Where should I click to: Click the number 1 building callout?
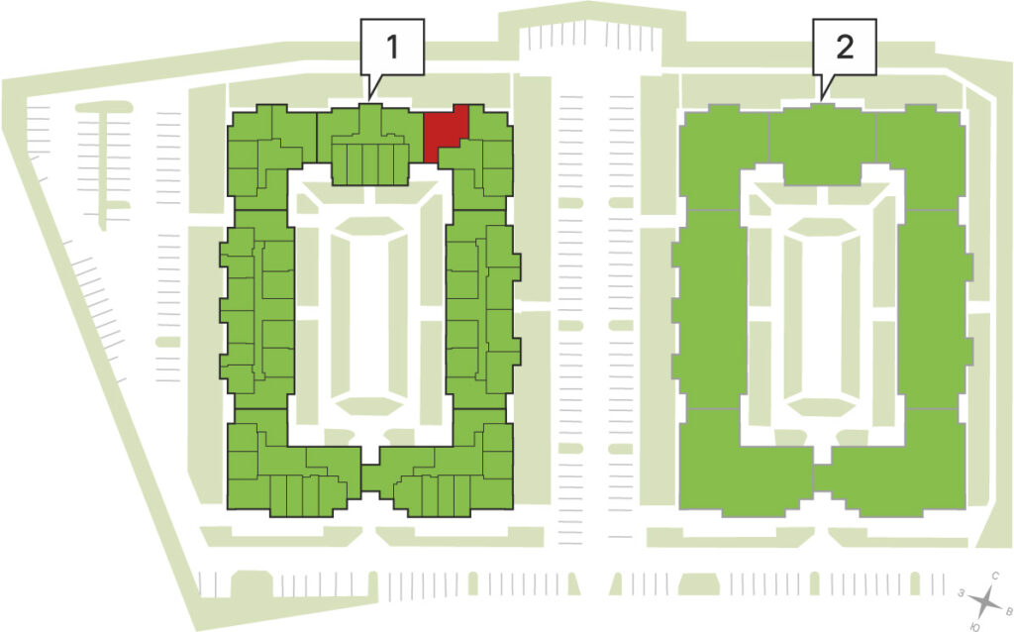click(392, 47)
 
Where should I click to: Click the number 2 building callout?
click(845, 47)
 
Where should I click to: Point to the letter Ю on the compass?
click(975, 626)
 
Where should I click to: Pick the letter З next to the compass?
click(962, 592)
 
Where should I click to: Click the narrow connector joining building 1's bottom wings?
click(370, 479)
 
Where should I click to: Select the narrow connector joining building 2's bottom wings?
click(822, 478)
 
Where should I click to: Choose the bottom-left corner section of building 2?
click(744, 464)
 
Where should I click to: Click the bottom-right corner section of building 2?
click(900, 464)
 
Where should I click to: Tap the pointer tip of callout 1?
click(369, 100)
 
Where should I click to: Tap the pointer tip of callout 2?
click(821, 100)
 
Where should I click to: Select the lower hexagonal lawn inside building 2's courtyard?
click(822, 405)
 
